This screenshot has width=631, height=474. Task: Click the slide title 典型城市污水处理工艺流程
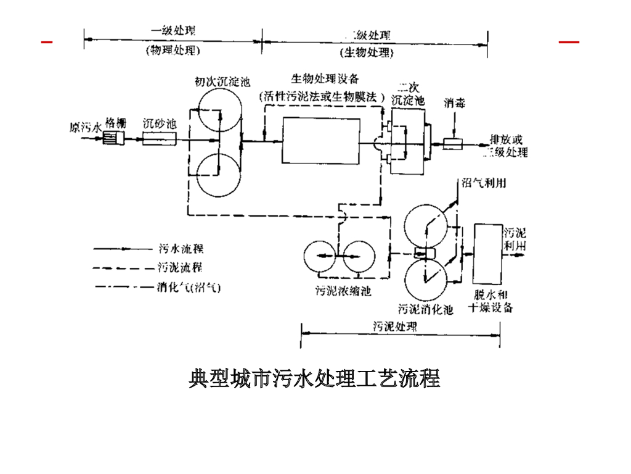(314, 378)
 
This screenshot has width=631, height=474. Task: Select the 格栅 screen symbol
(115, 138)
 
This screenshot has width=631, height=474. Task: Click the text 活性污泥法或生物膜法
(323, 96)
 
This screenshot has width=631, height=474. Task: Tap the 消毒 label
(454, 102)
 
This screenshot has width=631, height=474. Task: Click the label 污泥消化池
(426, 309)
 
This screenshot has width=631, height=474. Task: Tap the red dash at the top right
(568, 42)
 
